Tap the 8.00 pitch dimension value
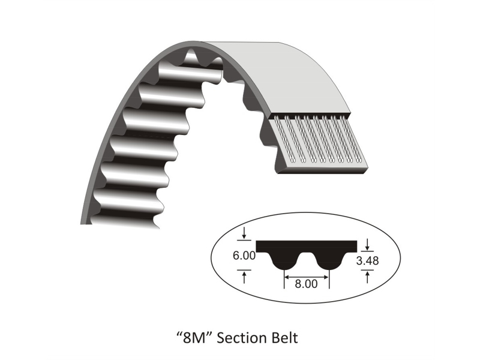[306, 284]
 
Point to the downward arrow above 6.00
[245, 233]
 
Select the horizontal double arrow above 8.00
[306, 277]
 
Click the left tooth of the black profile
[283, 260]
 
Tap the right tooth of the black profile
[329, 260]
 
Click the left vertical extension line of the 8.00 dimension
[283, 279]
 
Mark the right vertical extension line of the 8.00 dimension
[329, 279]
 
